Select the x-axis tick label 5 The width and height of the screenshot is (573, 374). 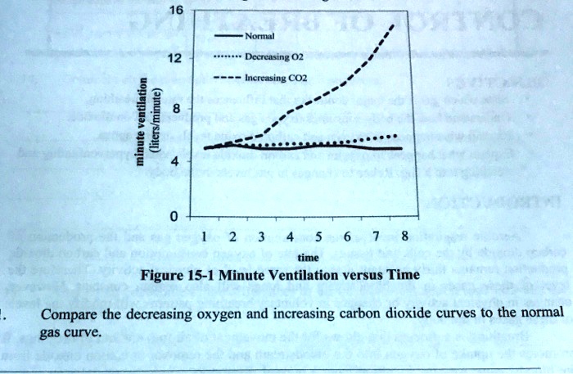tap(318, 237)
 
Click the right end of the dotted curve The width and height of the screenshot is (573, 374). tap(398, 136)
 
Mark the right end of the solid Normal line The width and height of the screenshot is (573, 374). tap(402, 148)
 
